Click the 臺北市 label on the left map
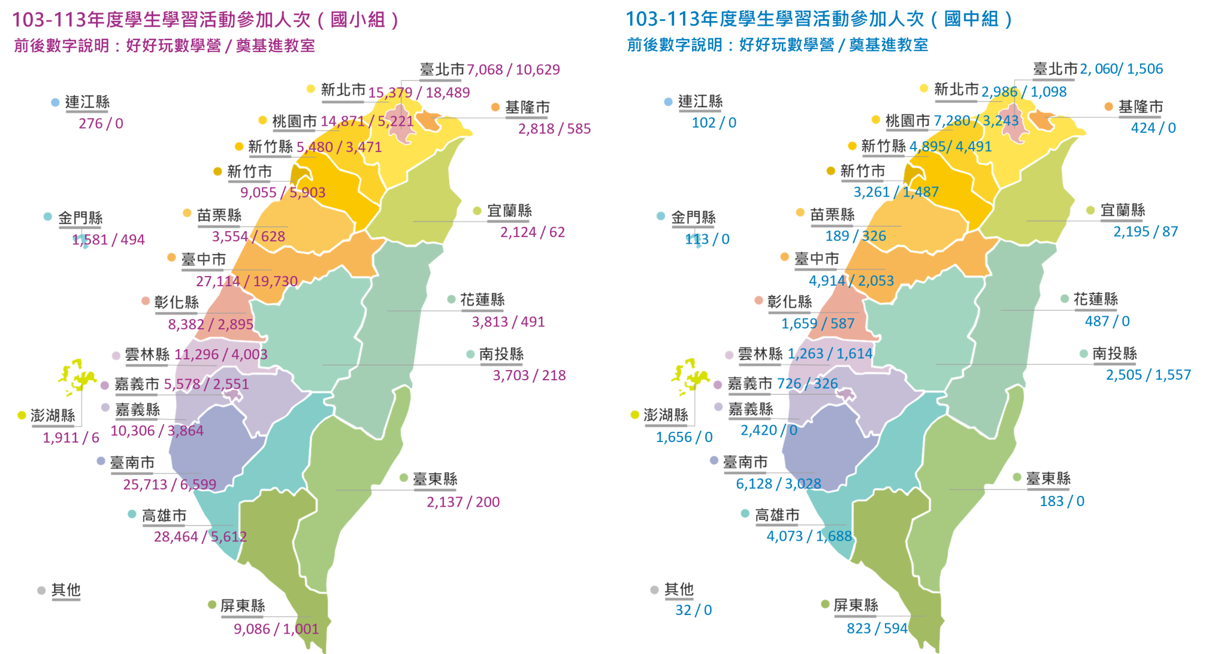[x=442, y=69]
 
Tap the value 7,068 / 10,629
[x=513, y=70]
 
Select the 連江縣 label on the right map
[x=700, y=102]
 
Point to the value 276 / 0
[x=101, y=124]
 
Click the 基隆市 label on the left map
[x=527, y=108]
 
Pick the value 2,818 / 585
[x=554, y=129]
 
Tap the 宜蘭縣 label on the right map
[x=1123, y=210]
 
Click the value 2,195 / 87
[x=1145, y=232]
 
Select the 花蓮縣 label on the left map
[x=482, y=300]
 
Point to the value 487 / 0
[x=1107, y=322]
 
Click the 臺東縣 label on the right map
[x=1048, y=479]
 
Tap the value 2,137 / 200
[x=463, y=502]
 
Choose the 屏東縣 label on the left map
[x=243, y=605]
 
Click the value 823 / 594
[x=877, y=628]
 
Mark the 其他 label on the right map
[x=679, y=590]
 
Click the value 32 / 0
[x=693, y=610]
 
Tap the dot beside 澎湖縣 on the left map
[x=22, y=415]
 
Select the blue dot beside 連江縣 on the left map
[x=55, y=102]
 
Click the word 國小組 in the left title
[x=358, y=20]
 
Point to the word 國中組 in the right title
[x=971, y=19]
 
